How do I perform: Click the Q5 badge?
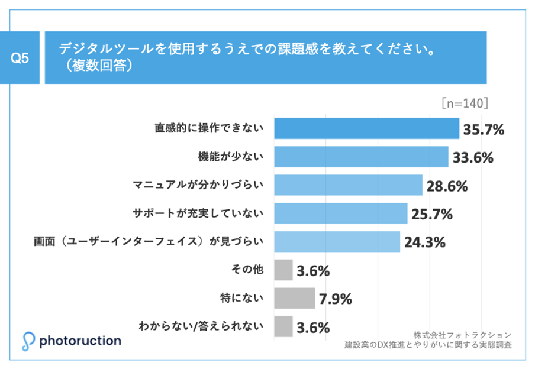click(21, 58)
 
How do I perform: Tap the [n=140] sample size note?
click(465, 103)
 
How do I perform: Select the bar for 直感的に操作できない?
click(366, 128)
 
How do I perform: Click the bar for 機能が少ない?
click(361, 157)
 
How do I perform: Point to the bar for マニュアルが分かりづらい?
click(348, 185)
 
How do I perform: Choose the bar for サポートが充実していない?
click(340, 213)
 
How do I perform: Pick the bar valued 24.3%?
click(337, 241)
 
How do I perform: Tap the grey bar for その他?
click(283, 270)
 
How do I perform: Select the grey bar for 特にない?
click(294, 298)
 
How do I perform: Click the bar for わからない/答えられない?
click(283, 326)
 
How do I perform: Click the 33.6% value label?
click(472, 158)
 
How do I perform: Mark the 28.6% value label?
click(447, 186)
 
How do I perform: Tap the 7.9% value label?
click(336, 299)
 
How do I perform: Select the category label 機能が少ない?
click(230, 157)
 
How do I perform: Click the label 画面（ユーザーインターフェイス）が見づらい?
click(150, 241)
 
